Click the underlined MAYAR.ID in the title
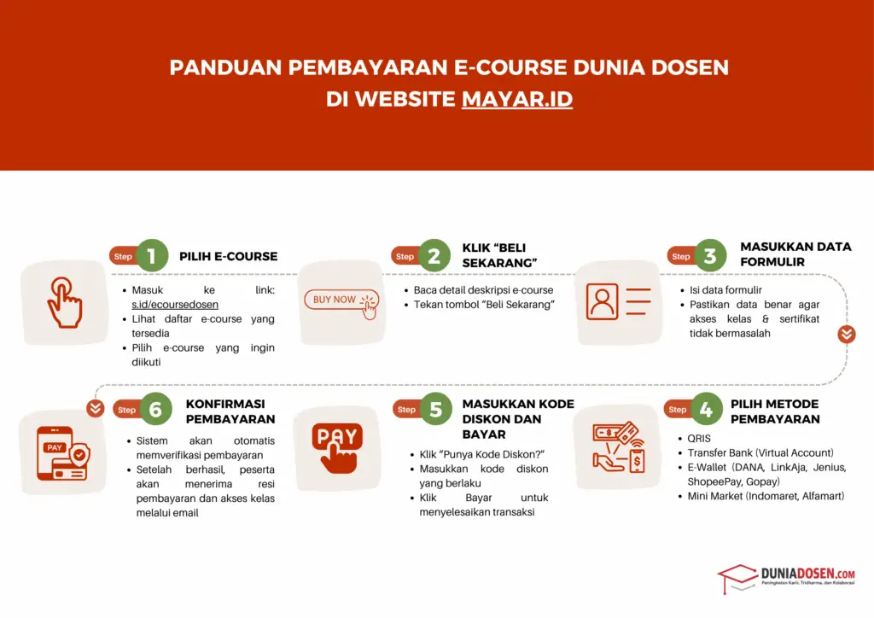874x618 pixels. click(516, 99)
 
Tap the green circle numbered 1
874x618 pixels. click(151, 255)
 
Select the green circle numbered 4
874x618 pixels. click(705, 409)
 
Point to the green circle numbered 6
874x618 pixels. click(154, 409)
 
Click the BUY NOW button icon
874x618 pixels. click(341, 301)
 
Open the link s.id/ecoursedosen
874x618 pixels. click(175, 304)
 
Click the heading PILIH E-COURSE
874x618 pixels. click(228, 256)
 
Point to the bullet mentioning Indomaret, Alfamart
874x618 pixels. click(766, 495)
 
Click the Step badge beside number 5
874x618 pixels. click(406, 410)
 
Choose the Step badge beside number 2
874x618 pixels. click(405, 256)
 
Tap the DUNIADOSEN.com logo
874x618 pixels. click(785, 576)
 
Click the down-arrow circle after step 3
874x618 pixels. click(846, 334)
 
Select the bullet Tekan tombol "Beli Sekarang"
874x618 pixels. click(484, 305)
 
